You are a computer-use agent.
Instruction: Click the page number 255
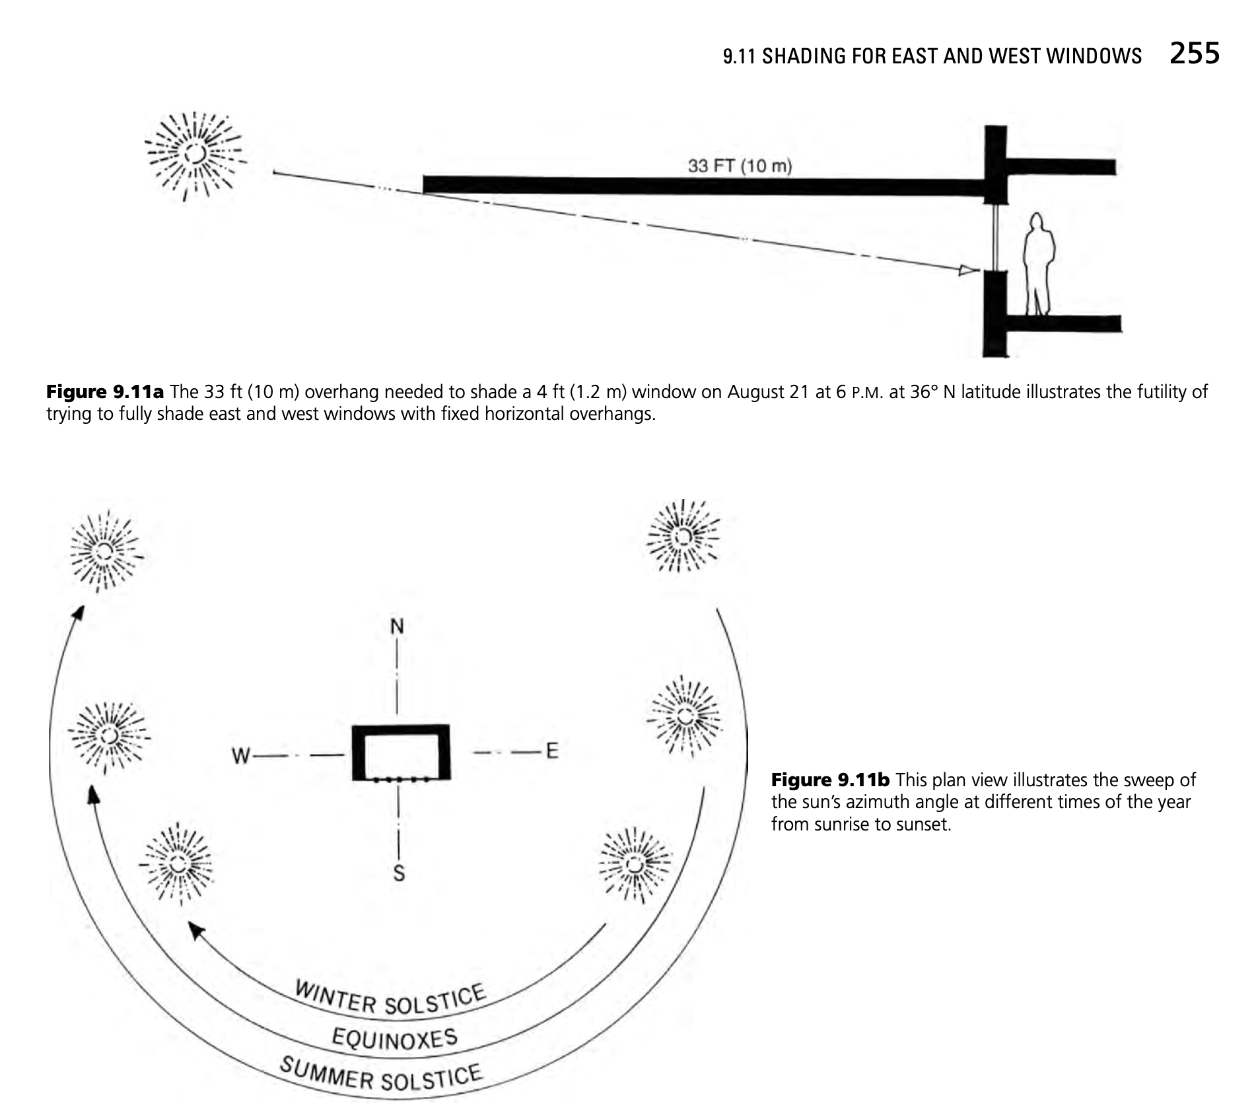(x=1194, y=53)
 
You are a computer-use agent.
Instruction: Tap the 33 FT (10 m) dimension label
(x=740, y=165)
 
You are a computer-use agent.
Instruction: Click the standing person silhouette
(x=1037, y=264)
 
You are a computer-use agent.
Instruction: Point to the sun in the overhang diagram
(x=195, y=154)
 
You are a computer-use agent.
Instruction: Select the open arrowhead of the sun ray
(x=969, y=269)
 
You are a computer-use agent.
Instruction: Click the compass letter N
(x=397, y=626)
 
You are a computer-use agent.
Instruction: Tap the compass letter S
(x=399, y=873)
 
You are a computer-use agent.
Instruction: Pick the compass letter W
(x=241, y=755)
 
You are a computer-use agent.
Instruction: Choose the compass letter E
(x=552, y=751)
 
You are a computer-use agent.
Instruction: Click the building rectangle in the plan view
(x=401, y=753)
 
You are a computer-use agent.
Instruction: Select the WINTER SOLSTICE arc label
(x=390, y=999)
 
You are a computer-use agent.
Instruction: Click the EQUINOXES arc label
(x=394, y=1038)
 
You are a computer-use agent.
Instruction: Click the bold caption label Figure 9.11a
(x=105, y=392)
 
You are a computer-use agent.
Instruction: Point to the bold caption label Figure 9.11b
(x=830, y=780)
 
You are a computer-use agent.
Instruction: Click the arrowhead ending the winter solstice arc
(x=195, y=930)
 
